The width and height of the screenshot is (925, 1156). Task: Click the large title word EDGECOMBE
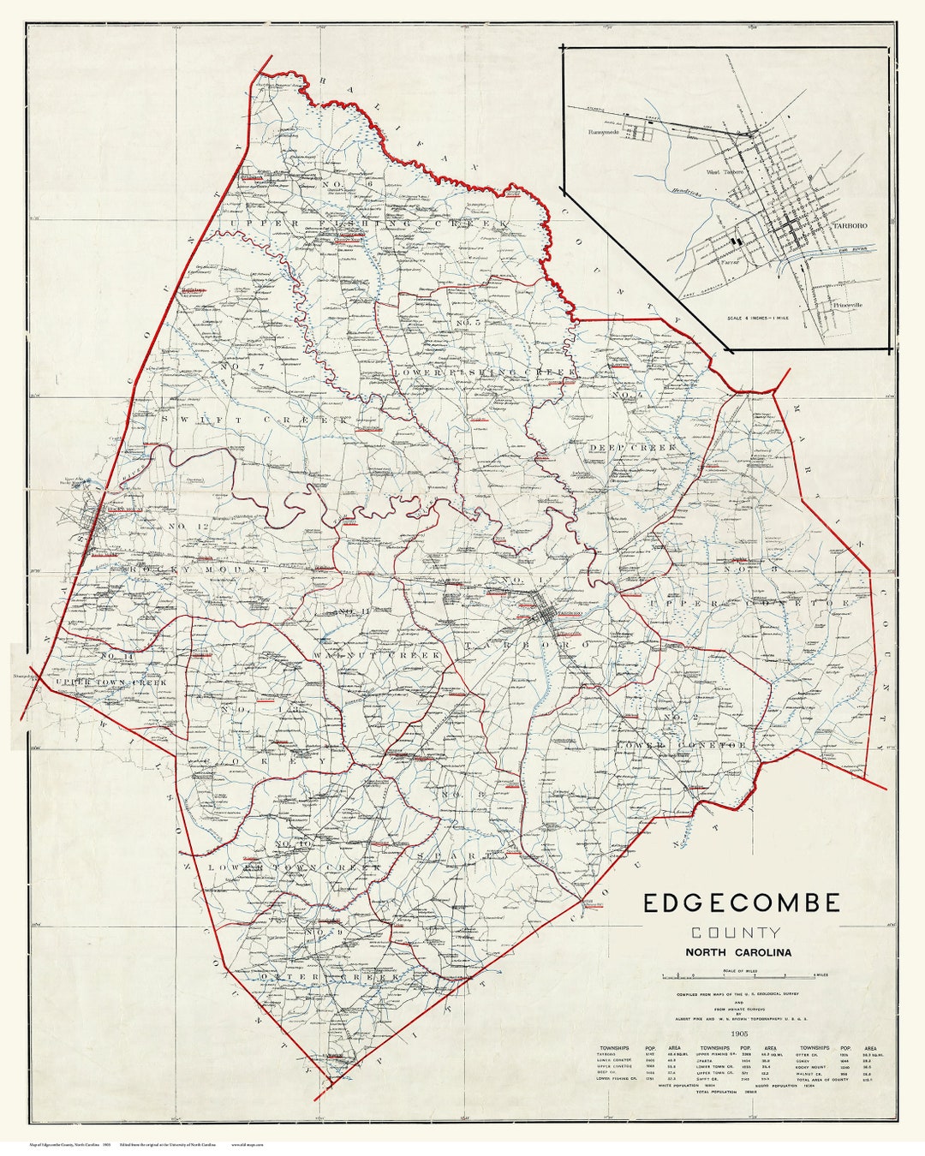(x=742, y=903)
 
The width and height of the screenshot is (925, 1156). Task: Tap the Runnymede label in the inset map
(x=605, y=134)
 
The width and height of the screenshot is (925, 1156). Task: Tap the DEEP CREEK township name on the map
(x=632, y=448)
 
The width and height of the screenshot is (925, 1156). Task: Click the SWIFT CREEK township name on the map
(x=253, y=420)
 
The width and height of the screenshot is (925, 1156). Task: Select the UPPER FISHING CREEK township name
(x=368, y=224)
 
